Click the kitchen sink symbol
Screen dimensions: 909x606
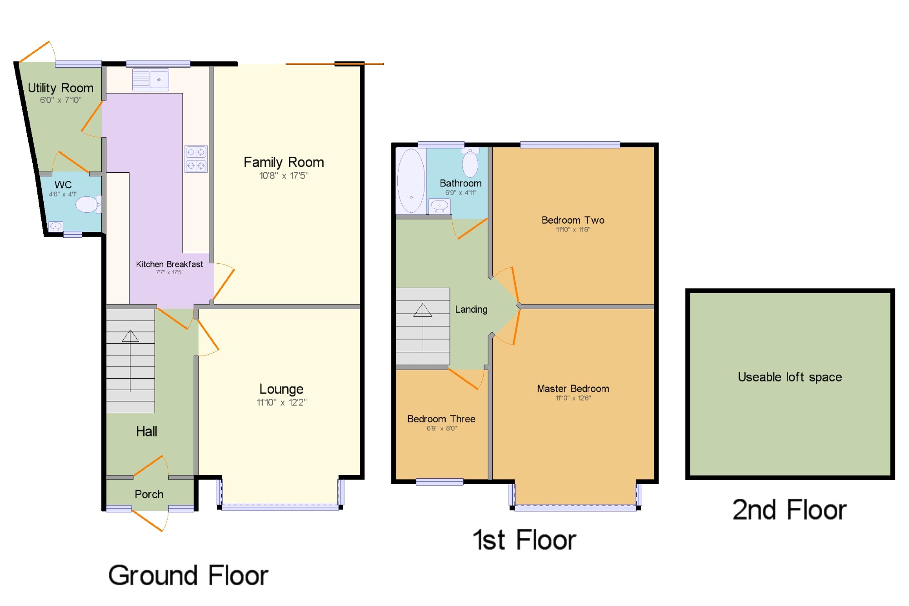click(150, 80)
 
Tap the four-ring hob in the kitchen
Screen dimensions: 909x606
click(196, 159)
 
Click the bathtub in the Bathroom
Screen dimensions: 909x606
click(411, 180)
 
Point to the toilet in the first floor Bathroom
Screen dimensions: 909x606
click(470, 162)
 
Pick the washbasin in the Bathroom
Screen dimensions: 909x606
click(440, 206)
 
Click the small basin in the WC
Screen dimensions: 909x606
click(55, 226)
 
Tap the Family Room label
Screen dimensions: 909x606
click(284, 162)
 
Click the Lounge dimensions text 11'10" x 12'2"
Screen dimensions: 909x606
click(281, 402)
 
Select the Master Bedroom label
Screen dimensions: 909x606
click(573, 389)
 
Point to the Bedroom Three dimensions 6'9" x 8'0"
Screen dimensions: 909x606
click(441, 428)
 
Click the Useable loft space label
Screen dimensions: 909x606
click(790, 377)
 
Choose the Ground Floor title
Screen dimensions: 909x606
click(188, 575)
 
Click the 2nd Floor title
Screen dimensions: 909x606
click(789, 510)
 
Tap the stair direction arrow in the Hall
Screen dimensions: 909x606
click(130, 361)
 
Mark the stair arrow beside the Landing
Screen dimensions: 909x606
click(423, 326)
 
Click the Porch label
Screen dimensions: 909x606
click(149, 494)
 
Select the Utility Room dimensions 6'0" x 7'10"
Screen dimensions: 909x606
click(60, 100)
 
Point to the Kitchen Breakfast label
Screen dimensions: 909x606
click(170, 264)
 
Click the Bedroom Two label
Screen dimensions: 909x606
click(573, 220)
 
